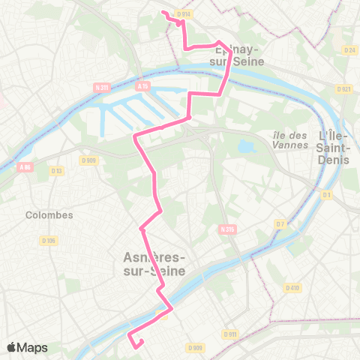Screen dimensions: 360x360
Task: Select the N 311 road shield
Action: [103, 88]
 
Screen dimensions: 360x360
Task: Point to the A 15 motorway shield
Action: [143, 88]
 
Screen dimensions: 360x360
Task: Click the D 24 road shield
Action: [349, 50]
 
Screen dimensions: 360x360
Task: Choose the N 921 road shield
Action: [344, 88]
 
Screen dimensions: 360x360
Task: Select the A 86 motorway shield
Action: [25, 167]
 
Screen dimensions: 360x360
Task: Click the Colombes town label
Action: [49, 214]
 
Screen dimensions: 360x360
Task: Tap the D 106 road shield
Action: [49, 240]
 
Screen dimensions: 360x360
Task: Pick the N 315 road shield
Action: [228, 228]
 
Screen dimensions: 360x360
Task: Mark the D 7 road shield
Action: [280, 223]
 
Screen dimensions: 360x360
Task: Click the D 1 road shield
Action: [327, 196]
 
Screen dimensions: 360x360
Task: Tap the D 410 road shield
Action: [292, 287]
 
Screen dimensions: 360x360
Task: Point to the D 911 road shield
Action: [230, 334]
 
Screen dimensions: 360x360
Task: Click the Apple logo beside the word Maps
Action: [12, 347]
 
